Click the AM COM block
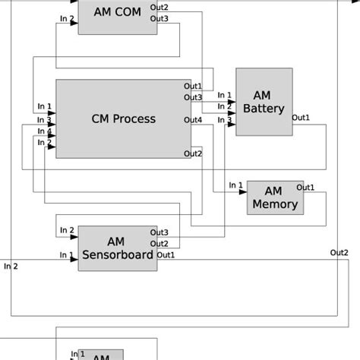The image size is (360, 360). pos(116,16)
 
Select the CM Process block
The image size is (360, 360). pos(123,118)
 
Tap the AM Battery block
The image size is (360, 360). pos(263,102)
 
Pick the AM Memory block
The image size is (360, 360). pos(275,197)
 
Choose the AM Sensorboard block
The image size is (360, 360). pos(117,248)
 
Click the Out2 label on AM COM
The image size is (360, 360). pos(159,7)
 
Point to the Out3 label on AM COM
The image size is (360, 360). pos(159,18)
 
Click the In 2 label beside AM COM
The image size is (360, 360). pos(67,18)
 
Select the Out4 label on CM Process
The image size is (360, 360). pos(193,120)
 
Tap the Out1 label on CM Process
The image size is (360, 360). pos(193,86)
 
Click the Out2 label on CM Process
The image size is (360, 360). pos(193,154)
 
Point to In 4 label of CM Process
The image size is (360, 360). pos(45,131)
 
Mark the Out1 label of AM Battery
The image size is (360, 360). pos(301,118)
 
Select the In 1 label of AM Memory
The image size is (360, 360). pos(235,185)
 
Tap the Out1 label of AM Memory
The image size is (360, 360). pos(305,187)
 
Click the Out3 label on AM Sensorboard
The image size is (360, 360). pos(159,232)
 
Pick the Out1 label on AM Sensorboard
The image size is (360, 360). pos(166,255)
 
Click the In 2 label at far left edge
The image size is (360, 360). pos(11,266)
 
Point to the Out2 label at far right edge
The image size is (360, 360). pos(339,252)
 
